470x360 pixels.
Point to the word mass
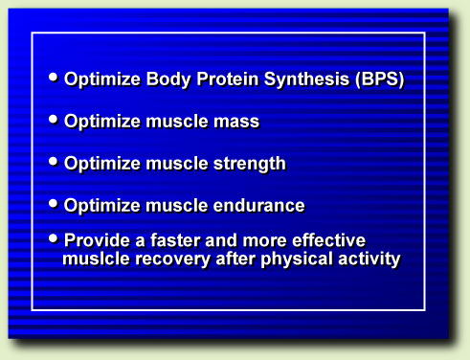point(235,123)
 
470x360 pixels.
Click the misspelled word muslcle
point(96,259)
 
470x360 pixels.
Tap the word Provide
point(97,239)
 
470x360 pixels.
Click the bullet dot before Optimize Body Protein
point(54,77)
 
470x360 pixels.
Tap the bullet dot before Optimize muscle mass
point(54,119)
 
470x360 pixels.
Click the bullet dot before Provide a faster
point(54,236)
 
